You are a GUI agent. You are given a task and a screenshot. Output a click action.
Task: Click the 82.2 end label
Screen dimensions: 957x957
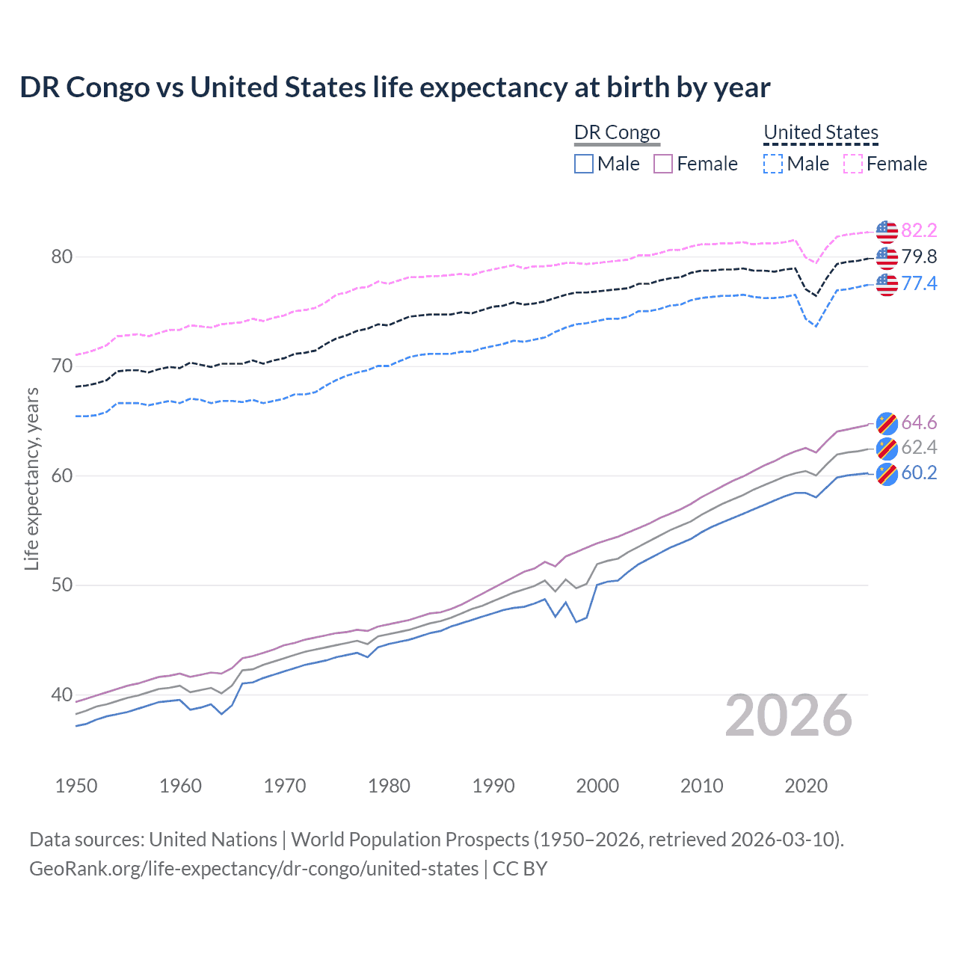point(919,230)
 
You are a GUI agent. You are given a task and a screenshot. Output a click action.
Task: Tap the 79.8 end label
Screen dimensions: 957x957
point(919,257)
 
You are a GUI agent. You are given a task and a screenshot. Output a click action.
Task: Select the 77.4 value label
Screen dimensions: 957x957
point(919,283)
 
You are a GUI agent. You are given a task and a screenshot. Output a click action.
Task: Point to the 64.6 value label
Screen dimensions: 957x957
point(919,423)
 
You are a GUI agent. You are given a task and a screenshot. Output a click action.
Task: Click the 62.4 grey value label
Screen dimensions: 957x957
point(919,448)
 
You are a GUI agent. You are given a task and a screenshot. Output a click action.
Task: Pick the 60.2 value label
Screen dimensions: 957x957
point(919,473)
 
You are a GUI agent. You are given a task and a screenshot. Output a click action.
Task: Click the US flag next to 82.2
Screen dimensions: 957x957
point(887,232)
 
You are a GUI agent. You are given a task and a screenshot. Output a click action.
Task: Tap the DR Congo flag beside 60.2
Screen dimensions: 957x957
point(887,474)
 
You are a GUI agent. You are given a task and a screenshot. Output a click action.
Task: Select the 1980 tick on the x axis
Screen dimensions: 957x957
point(390,786)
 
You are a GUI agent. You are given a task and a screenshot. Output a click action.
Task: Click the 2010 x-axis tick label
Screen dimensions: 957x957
point(701,786)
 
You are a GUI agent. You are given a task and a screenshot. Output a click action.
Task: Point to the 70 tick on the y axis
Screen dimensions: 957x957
point(62,366)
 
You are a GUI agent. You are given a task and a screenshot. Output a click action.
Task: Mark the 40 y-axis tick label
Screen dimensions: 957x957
point(62,695)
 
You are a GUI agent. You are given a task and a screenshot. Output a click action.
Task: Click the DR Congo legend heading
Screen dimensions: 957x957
point(617,132)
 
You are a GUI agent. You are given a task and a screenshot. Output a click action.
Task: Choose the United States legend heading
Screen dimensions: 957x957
point(820,132)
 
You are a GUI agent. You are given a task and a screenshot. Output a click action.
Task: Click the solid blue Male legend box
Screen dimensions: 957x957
point(584,164)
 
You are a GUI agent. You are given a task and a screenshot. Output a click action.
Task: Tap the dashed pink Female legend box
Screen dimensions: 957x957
point(853,164)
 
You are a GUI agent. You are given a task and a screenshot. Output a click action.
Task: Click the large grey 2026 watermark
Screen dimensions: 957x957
point(789,716)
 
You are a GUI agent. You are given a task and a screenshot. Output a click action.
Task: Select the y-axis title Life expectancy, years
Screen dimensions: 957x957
point(31,478)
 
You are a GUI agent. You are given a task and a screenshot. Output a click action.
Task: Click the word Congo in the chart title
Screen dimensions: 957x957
point(108,87)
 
